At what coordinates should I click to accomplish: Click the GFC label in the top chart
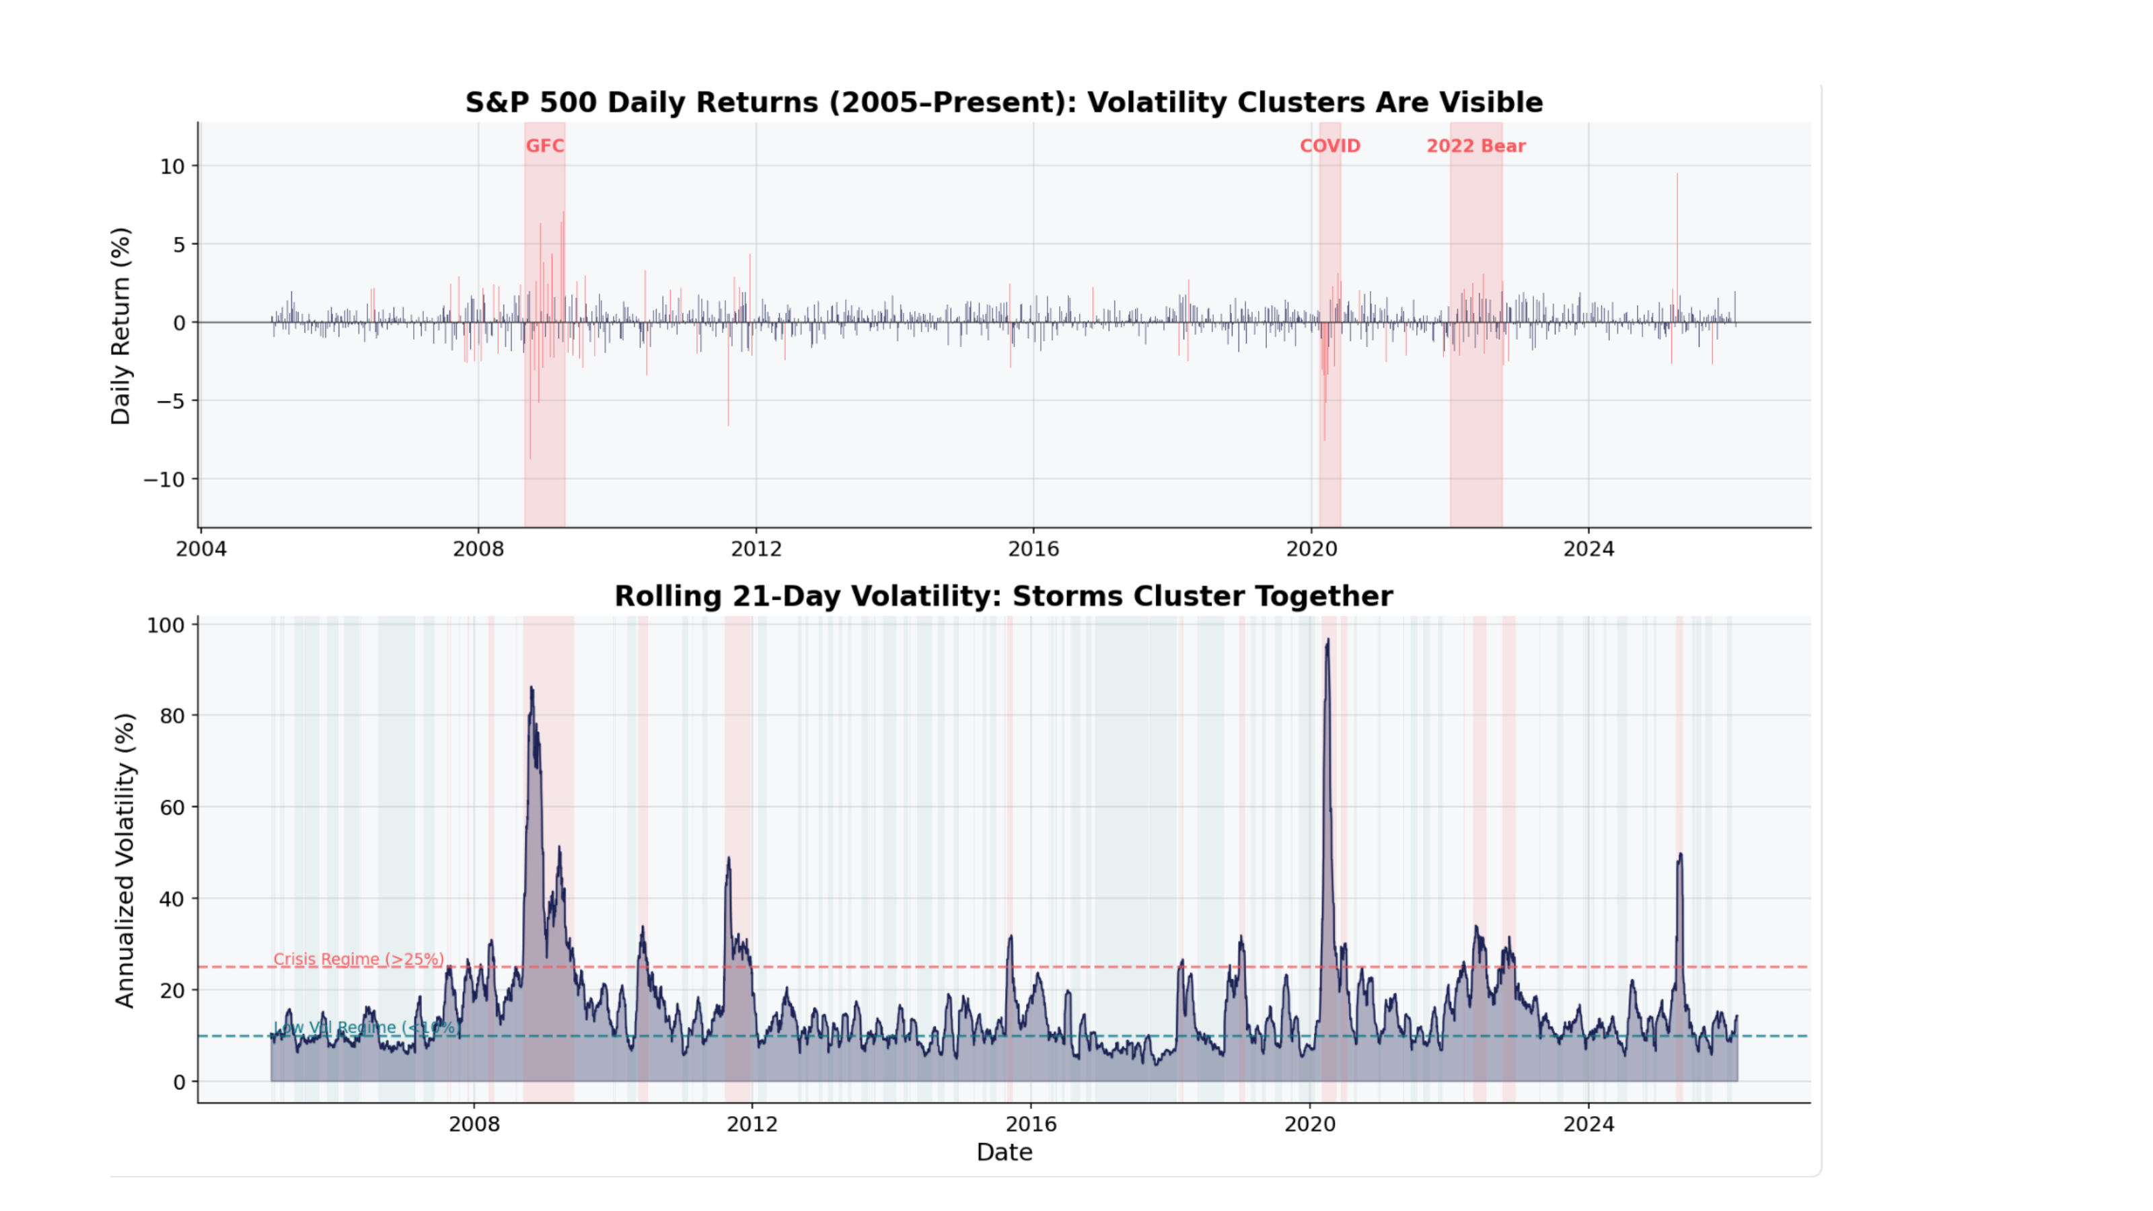(x=545, y=146)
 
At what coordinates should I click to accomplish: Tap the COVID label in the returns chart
(x=1329, y=146)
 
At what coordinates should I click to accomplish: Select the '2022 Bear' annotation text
(x=1475, y=146)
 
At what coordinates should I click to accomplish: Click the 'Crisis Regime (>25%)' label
(x=359, y=959)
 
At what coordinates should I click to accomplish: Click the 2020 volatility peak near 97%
(x=1328, y=641)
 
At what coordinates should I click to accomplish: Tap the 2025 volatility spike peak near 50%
(x=1680, y=855)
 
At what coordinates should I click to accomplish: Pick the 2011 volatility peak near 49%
(x=729, y=859)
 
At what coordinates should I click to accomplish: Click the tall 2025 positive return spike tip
(x=1677, y=175)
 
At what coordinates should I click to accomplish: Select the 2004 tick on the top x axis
(x=200, y=549)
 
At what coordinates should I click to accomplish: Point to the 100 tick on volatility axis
(x=166, y=625)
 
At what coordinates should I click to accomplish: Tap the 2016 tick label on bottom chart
(x=1031, y=1124)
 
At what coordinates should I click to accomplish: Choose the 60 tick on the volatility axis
(x=172, y=807)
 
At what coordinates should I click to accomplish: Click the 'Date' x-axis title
(x=1004, y=1152)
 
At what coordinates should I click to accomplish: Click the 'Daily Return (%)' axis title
(x=121, y=326)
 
